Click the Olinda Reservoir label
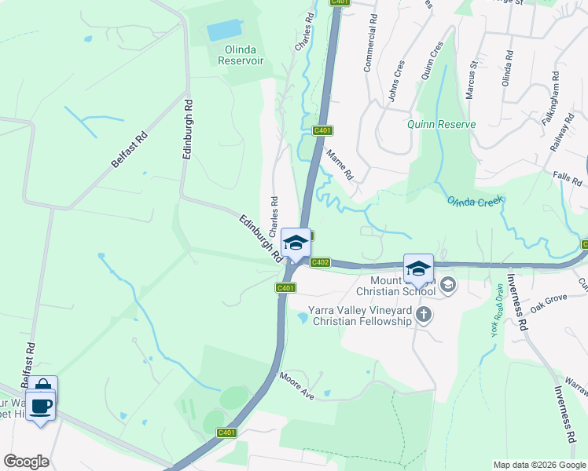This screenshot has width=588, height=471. pos(240,54)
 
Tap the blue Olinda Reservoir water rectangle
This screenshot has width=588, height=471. pos(225,31)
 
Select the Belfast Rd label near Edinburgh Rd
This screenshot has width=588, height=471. pos(129,149)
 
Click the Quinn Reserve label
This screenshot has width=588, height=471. pos(441,125)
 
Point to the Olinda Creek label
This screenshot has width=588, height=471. pos(474,202)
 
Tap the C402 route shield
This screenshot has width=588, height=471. pos(320,263)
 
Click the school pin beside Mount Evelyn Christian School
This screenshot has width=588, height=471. pos(418,268)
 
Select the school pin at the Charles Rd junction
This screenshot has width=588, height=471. pos(296,243)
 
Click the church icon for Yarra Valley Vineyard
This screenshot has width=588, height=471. pos(424,316)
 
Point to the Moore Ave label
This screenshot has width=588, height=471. pos(296,385)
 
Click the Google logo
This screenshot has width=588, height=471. pos(26,462)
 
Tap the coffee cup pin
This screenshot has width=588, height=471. pos(41,407)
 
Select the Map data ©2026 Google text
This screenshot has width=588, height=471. pos(538,465)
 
